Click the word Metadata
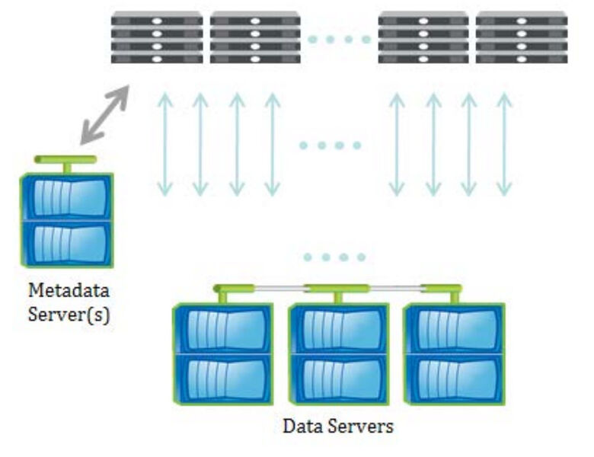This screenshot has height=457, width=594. click(69, 291)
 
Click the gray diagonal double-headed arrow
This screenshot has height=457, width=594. click(105, 114)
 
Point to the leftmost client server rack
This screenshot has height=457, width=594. click(157, 37)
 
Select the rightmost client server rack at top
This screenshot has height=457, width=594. click(522, 37)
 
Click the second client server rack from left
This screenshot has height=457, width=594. click(255, 37)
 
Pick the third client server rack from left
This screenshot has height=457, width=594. click(423, 37)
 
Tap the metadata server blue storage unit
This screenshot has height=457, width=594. click(67, 221)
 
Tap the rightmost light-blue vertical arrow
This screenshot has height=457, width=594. click(504, 145)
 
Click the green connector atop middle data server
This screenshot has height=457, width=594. click(337, 289)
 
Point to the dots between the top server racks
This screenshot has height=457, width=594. click(339, 39)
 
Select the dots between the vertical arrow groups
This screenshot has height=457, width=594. click(331, 145)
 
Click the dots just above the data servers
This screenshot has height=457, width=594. click(334, 257)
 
